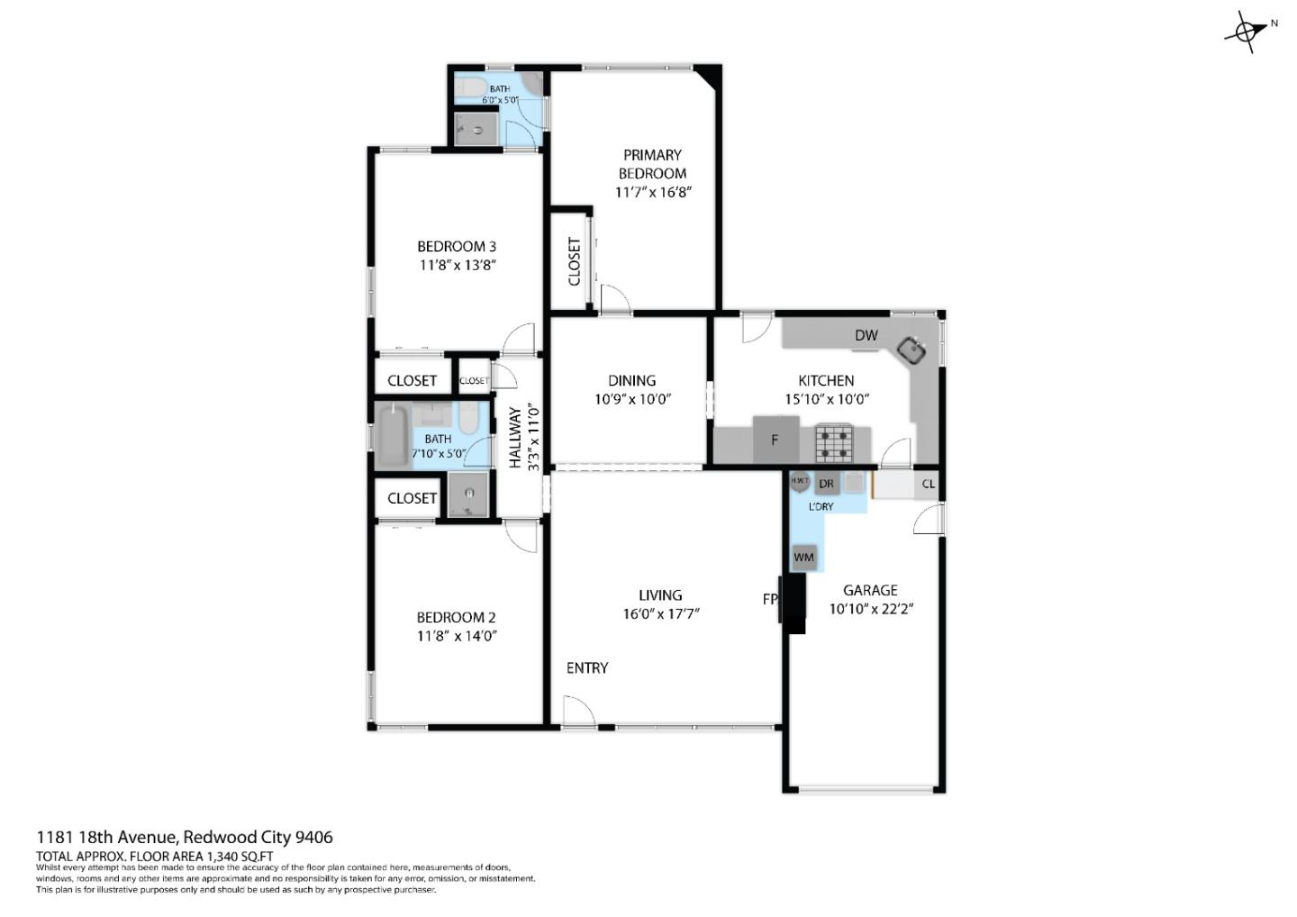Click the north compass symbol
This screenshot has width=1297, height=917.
click(1247, 32)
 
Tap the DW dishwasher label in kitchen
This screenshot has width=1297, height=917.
click(866, 335)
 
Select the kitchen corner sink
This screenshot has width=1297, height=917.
click(913, 349)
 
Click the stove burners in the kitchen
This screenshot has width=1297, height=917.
click(833, 441)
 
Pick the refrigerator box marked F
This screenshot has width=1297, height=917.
click(775, 440)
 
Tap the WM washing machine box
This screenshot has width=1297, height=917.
click(803, 557)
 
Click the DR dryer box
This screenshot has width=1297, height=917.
click(826, 484)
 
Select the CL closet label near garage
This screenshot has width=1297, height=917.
click(928, 484)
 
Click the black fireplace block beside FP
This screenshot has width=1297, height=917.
click(794, 604)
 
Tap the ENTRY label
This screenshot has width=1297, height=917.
click(586, 667)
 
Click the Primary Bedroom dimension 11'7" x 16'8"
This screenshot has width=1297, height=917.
click(653, 192)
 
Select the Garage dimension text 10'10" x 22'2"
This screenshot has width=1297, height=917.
click(871, 609)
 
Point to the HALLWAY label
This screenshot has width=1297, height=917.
click(515, 437)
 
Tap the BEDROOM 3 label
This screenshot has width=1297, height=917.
click(456, 246)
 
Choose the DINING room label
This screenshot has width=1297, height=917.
click(631, 380)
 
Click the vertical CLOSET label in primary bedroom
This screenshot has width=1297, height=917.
click(574, 261)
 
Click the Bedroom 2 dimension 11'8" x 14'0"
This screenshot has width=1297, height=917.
click(457, 636)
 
